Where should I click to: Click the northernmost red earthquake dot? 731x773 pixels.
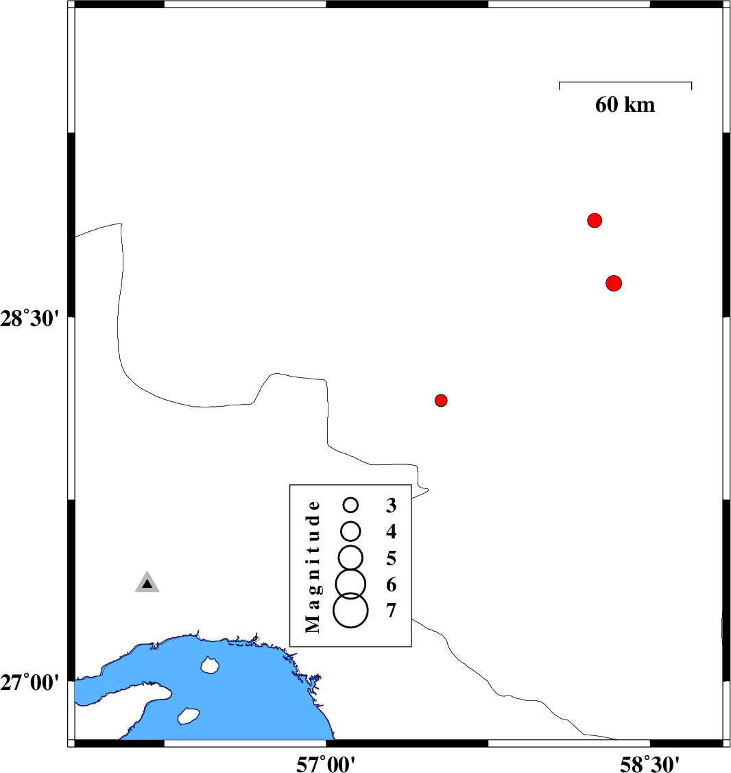[595, 220]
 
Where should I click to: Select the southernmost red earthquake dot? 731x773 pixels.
[441, 401]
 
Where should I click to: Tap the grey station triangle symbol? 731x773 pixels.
[147, 582]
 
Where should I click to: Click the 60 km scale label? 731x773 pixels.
[625, 104]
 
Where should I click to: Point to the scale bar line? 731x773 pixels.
[625, 82]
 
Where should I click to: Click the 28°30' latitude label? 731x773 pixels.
[29, 318]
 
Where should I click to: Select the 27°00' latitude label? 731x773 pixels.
[29, 682]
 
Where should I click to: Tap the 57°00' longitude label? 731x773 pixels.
[325, 764]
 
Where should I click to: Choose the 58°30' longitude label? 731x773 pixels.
[649, 764]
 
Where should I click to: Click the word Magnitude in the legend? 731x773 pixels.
[313, 566]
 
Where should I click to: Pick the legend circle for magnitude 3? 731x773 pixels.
[350, 505]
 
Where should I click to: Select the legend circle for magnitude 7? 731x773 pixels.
[350, 610]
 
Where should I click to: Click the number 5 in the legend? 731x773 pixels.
[392, 558]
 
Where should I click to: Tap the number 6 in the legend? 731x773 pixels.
[392, 584]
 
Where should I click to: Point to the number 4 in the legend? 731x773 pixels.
[392, 532]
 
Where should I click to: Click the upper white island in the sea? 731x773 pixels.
[210, 665]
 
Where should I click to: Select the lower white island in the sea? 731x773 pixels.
[189, 716]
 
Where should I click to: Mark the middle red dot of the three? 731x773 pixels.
[614, 283]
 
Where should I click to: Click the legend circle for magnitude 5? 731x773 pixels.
[350, 558]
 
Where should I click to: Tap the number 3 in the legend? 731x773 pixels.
[392, 506]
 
